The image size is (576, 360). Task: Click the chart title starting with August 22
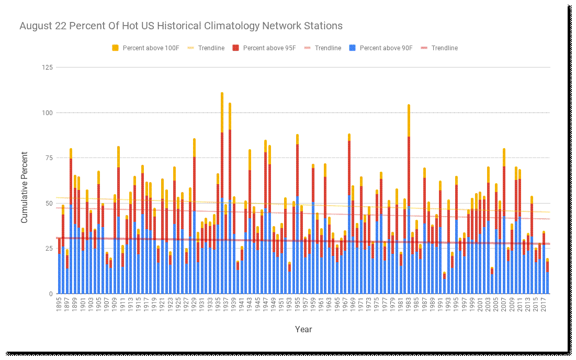[180, 26]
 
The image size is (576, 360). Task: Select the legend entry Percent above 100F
[151, 48]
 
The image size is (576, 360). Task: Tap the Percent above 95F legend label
[269, 48]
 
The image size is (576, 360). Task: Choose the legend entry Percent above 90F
[386, 48]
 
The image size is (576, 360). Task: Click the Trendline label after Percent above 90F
[444, 48]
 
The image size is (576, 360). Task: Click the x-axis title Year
[303, 329]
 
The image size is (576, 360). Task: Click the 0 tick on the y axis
[51, 294]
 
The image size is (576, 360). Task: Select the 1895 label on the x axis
[60, 305]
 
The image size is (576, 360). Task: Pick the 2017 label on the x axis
[544, 305]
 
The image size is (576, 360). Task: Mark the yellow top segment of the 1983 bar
[409, 120]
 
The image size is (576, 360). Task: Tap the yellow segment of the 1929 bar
[194, 148]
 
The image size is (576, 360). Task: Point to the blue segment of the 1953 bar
[289, 283]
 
